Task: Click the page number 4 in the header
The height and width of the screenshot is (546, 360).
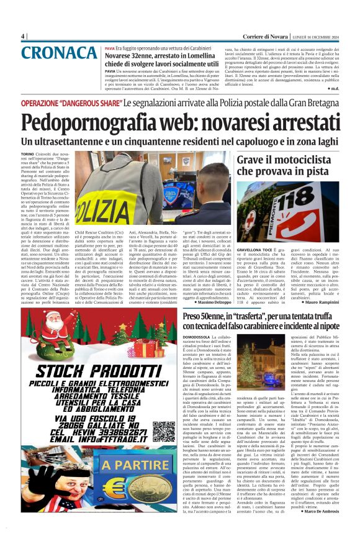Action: click(23, 36)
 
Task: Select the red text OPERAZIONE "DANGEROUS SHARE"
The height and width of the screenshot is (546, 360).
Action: click(71, 102)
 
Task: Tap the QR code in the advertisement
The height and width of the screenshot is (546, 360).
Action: click(163, 430)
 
